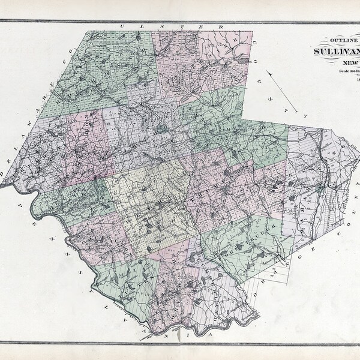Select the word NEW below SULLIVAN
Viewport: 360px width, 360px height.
pyautogui.click(x=347, y=63)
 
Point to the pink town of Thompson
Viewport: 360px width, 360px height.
pyautogui.click(x=216, y=186)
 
